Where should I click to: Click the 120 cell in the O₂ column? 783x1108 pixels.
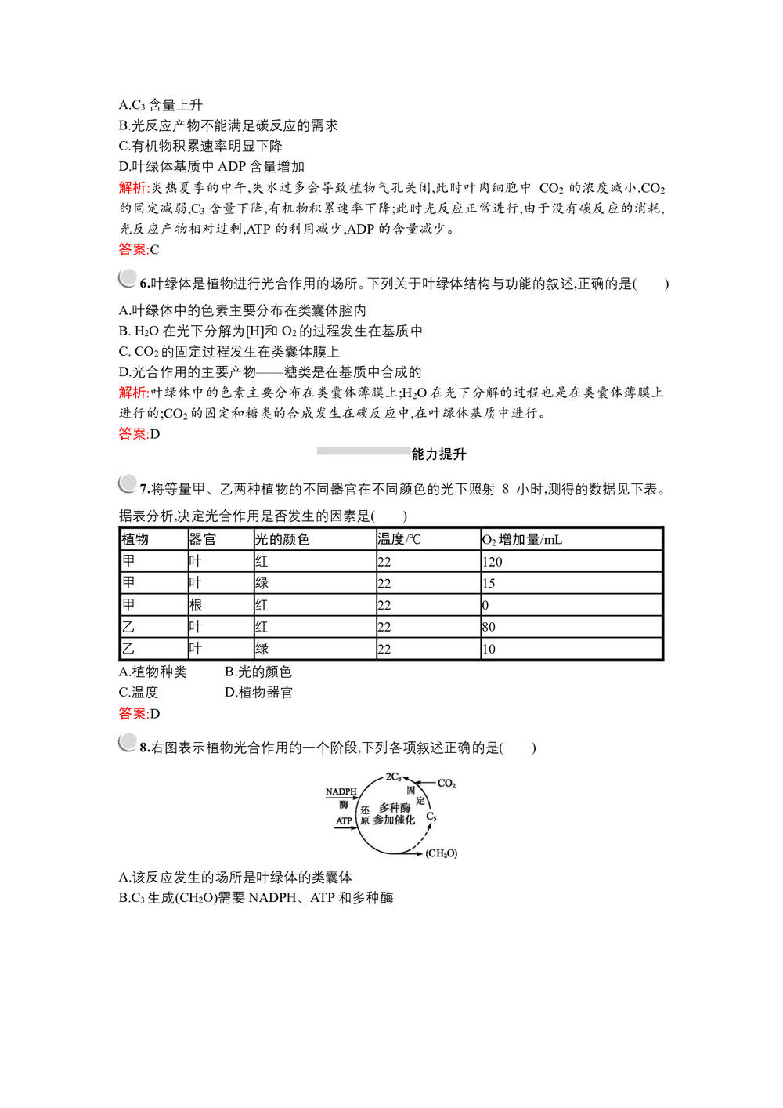point(493,562)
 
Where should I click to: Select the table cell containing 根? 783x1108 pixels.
point(196,605)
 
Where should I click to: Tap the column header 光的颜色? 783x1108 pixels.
point(282,539)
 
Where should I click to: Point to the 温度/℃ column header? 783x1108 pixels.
point(399,539)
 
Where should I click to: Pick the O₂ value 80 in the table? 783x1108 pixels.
point(489,627)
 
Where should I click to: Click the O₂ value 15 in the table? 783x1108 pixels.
point(489,584)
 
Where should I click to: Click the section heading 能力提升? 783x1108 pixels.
point(438,454)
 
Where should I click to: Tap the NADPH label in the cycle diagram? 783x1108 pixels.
point(341,792)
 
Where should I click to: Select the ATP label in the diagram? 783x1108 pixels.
point(345,821)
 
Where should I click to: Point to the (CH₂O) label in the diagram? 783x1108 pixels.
point(441,853)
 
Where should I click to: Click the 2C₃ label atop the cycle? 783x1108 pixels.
point(393,777)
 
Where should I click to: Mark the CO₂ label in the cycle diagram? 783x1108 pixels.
point(446,784)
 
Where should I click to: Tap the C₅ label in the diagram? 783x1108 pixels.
point(431,817)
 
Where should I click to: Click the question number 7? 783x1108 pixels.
point(144,490)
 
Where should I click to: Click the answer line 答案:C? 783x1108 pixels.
point(139,250)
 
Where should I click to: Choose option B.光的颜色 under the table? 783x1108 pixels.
point(258,672)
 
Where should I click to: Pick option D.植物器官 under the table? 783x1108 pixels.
point(258,692)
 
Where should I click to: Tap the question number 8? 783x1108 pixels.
point(144,748)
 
